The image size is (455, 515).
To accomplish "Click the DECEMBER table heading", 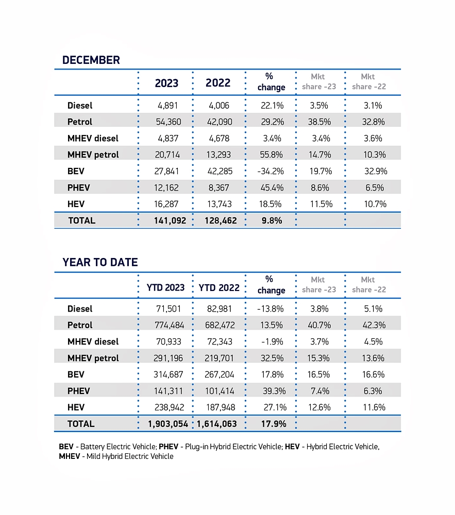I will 91,60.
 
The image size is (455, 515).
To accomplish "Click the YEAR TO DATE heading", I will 100,262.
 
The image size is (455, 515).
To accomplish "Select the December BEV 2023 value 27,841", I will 166,171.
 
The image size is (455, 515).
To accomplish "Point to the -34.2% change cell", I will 271,171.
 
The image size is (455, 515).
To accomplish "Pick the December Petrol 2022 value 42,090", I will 218,122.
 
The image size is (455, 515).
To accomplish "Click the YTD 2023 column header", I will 165,287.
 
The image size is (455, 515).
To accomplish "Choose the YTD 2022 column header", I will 219,287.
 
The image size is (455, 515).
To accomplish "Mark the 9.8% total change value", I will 271,220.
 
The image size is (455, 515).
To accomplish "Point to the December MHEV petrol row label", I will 93,154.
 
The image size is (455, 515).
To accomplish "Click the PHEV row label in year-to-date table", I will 78,391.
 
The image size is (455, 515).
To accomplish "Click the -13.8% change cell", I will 271,308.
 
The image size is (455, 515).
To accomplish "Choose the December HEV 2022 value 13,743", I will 218,204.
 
